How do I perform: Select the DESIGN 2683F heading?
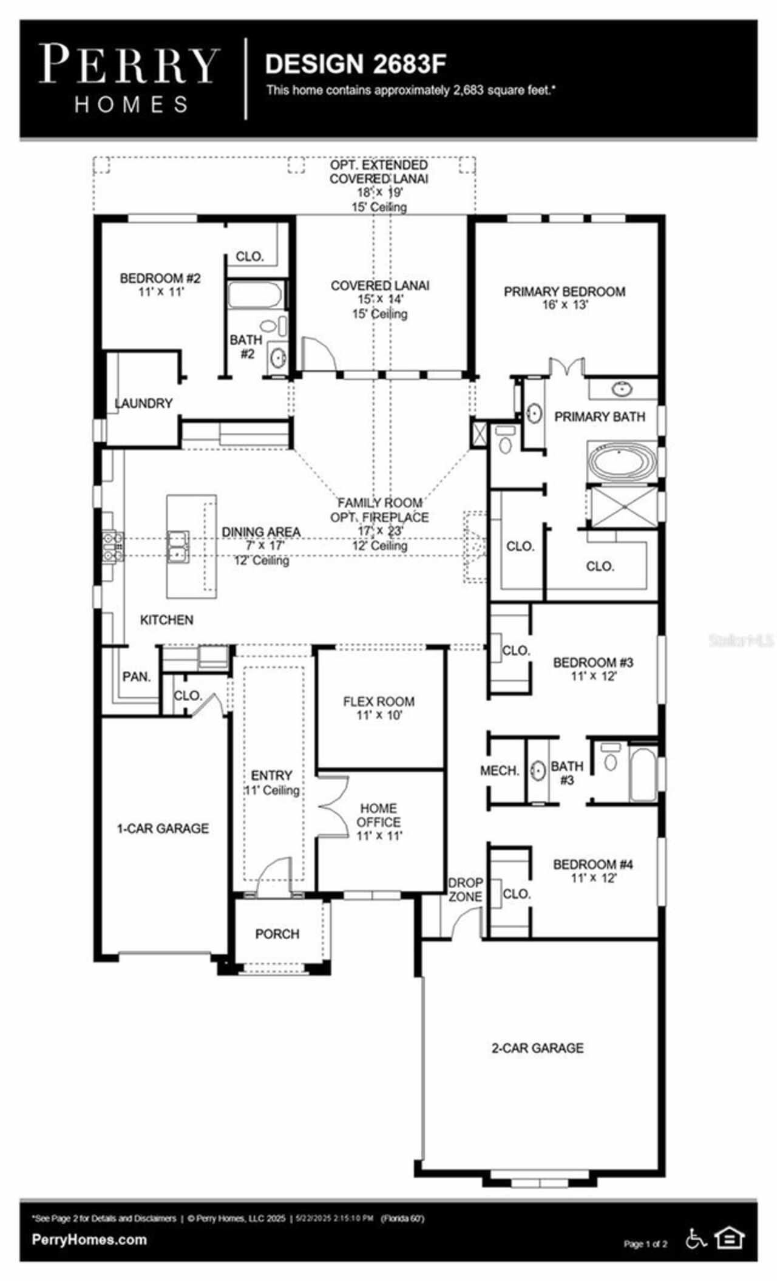click(x=356, y=64)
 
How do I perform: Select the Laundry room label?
click(x=144, y=403)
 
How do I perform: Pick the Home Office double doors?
click(x=333, y=808)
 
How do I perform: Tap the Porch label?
click(x=277, y=934)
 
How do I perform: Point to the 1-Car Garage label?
click(x=163, y=828)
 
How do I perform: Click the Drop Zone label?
click(x=466, y=889)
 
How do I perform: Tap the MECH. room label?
click(x=500, y=770)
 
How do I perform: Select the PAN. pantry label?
click(x=137, y=676)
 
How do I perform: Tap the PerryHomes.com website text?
click(x=89, y=1240)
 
